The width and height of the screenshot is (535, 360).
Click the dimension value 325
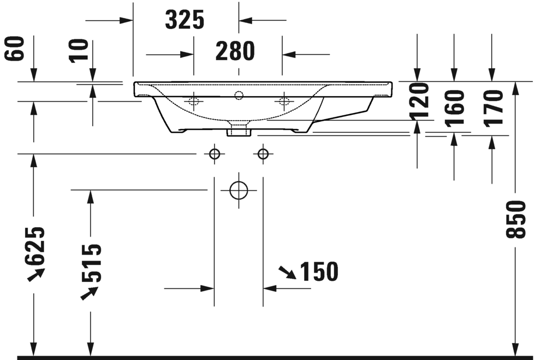click(x=185, y=20)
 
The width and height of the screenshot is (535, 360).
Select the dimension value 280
click(x=235, y=52)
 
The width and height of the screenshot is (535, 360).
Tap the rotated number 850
click(x=515, y=219)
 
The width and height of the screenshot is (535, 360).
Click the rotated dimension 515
click(x=91, y=263)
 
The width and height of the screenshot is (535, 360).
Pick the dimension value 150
click(x=319, y=272)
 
